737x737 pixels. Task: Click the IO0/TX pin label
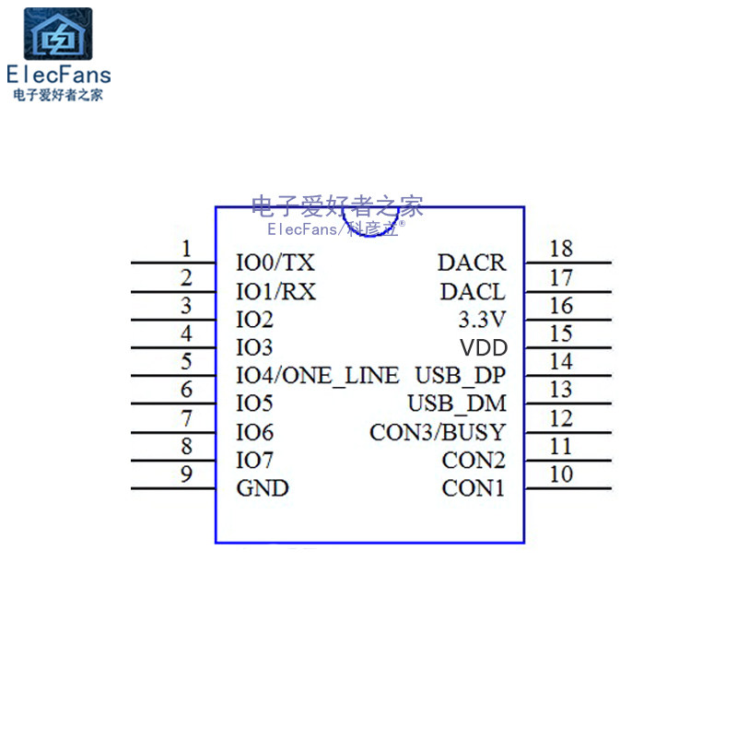[275, 263]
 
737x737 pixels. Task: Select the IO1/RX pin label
[276, 292]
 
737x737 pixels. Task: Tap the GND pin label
[263, 488]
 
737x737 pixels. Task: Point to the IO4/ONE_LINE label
[318, 376]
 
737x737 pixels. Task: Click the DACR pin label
[472, 263]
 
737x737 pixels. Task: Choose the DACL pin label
[473, 292]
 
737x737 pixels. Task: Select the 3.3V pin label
[482, 321]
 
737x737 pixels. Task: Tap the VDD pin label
[483, 348]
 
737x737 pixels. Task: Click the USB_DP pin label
[460, 376]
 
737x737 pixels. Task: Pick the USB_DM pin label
[457, 404]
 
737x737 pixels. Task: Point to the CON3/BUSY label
[438, 432]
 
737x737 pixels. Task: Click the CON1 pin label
[474, 488]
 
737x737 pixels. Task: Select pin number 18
[560, 249]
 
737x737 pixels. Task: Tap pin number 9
[186, 474]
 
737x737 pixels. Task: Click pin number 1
[186, 249]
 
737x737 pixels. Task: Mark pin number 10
[560, 474]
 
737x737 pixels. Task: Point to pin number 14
[560, 362]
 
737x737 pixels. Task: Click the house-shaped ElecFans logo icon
[57, 35]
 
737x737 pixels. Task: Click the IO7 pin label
[255, 460]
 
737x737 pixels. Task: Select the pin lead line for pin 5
[173, 376]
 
